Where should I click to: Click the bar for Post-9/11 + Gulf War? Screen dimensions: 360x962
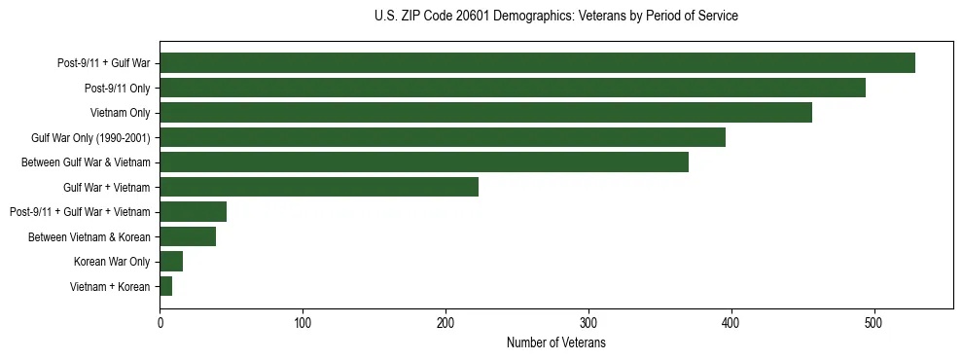[537, 63]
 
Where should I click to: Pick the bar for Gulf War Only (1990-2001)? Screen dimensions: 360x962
[443, 137]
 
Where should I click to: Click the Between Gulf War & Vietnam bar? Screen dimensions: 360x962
[424, 162]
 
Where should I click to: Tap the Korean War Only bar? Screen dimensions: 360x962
[171, 262]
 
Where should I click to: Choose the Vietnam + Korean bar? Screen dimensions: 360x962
[166, 286]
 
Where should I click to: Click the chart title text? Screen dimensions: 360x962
[555, 17]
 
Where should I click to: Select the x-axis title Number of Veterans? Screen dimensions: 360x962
[555, 343]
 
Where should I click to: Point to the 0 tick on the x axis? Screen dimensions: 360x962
[160, 323]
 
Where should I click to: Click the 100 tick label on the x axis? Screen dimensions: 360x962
[303, 323]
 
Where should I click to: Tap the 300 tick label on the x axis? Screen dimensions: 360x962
[588, 323]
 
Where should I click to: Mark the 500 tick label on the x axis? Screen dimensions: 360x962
[874, 323]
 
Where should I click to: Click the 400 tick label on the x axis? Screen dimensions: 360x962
[731, 323]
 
